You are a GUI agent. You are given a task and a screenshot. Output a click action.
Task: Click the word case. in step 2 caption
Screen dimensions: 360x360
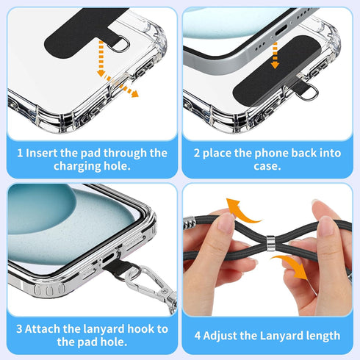click(x=267, y=166)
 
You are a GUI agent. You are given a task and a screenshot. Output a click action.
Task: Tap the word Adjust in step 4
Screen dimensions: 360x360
click(x=220, y=336)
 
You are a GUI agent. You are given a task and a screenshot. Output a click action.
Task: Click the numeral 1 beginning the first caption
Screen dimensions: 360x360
click(x=20, y=154)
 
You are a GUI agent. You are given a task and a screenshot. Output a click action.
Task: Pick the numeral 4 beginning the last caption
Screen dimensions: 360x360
click(x=198, y=336)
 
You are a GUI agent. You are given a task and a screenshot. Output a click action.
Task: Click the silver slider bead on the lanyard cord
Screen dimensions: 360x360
click(x=270, y=243)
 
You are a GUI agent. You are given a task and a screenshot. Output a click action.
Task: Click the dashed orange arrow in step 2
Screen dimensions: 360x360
click(x=275, y=55)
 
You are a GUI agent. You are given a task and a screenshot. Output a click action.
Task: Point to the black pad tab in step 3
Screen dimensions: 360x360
click(x=120, y=267)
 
